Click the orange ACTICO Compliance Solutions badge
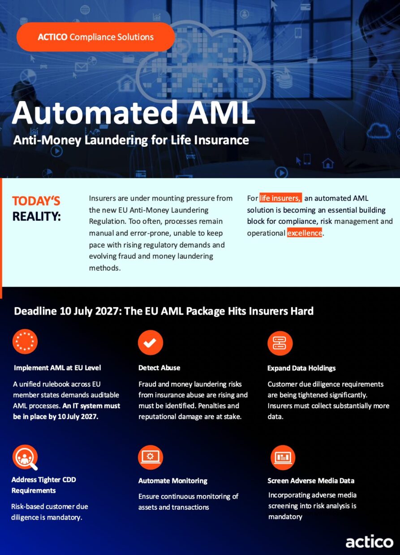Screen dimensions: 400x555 click(96, 37)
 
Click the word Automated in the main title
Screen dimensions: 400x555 click(95, 113)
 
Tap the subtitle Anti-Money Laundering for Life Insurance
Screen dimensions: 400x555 click(131, 140)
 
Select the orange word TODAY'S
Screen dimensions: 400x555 click(36, 201)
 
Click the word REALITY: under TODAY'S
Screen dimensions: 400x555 click(37, 216)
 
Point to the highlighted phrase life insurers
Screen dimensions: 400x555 click(281, 198)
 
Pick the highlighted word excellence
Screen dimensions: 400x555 click(305, 233)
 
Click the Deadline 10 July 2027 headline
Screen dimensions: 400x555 click(163, 311)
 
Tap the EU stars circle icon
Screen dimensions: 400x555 click(25, 342)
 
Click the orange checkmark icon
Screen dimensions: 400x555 click(151, 342)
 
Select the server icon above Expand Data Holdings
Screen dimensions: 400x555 click(280, 343)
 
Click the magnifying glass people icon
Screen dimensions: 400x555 click(25, 457)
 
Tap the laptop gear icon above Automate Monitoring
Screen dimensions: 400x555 click(151, 457)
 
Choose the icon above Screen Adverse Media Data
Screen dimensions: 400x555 click(283, 457)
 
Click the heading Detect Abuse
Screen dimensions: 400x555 click(159, 368)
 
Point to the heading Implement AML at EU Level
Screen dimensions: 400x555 click(57, 368)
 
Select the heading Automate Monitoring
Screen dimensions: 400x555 click(173, 481)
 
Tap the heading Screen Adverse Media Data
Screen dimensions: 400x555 click(311, 481)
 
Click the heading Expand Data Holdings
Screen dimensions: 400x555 click(301, 368)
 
